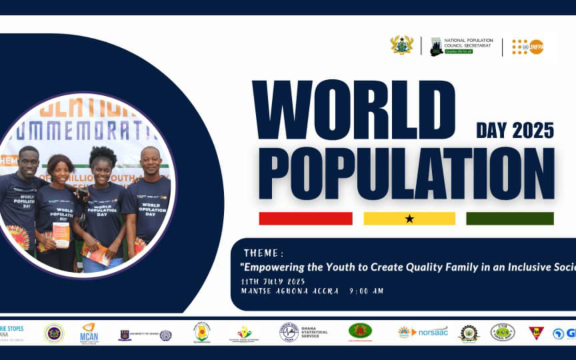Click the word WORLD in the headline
click(354, 110)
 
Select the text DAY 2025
click(515, 131)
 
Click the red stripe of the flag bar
click(306, 219)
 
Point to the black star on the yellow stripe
click(409, 219)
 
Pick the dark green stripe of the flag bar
click(510, 219)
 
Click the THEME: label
click(263, 253)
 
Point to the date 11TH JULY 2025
click(274, 282)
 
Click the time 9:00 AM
click(366, 291)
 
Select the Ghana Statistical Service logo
click(303, 332)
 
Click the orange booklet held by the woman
click(61, 235)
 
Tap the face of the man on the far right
click(150, 161)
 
